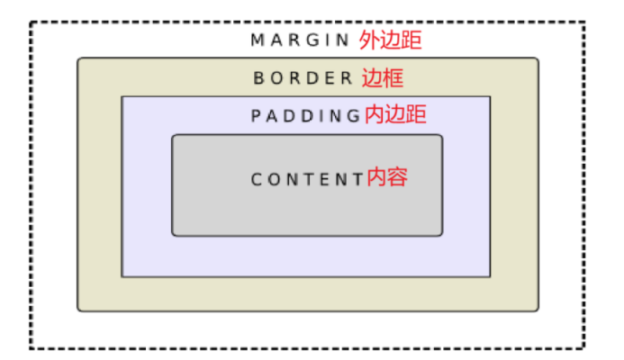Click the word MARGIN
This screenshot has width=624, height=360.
click(x=300, y=40)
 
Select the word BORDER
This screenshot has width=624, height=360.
click(x=303, y=78)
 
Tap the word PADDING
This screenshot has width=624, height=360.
click(x=306, y=116)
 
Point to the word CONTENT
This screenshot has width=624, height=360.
click(x=306, y=178)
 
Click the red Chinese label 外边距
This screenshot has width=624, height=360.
click(x=390, y=40)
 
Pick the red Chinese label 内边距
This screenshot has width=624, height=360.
click(x=395, y=115)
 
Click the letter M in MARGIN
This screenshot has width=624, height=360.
click(x=257, y=40)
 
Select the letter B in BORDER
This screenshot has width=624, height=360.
click(x=258, y=78)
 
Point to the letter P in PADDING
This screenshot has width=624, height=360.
click(x=256, y=116)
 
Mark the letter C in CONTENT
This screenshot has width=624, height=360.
click(x=256, y=178)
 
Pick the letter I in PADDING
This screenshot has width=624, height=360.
click(x=328, y=116)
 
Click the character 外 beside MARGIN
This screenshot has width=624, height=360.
click(x=369, y=40)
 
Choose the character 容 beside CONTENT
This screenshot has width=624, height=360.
click(x=398, y=177)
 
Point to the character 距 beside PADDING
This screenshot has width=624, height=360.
click(x=416, y=115)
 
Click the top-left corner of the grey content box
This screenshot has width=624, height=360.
click(x=174, y=136)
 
